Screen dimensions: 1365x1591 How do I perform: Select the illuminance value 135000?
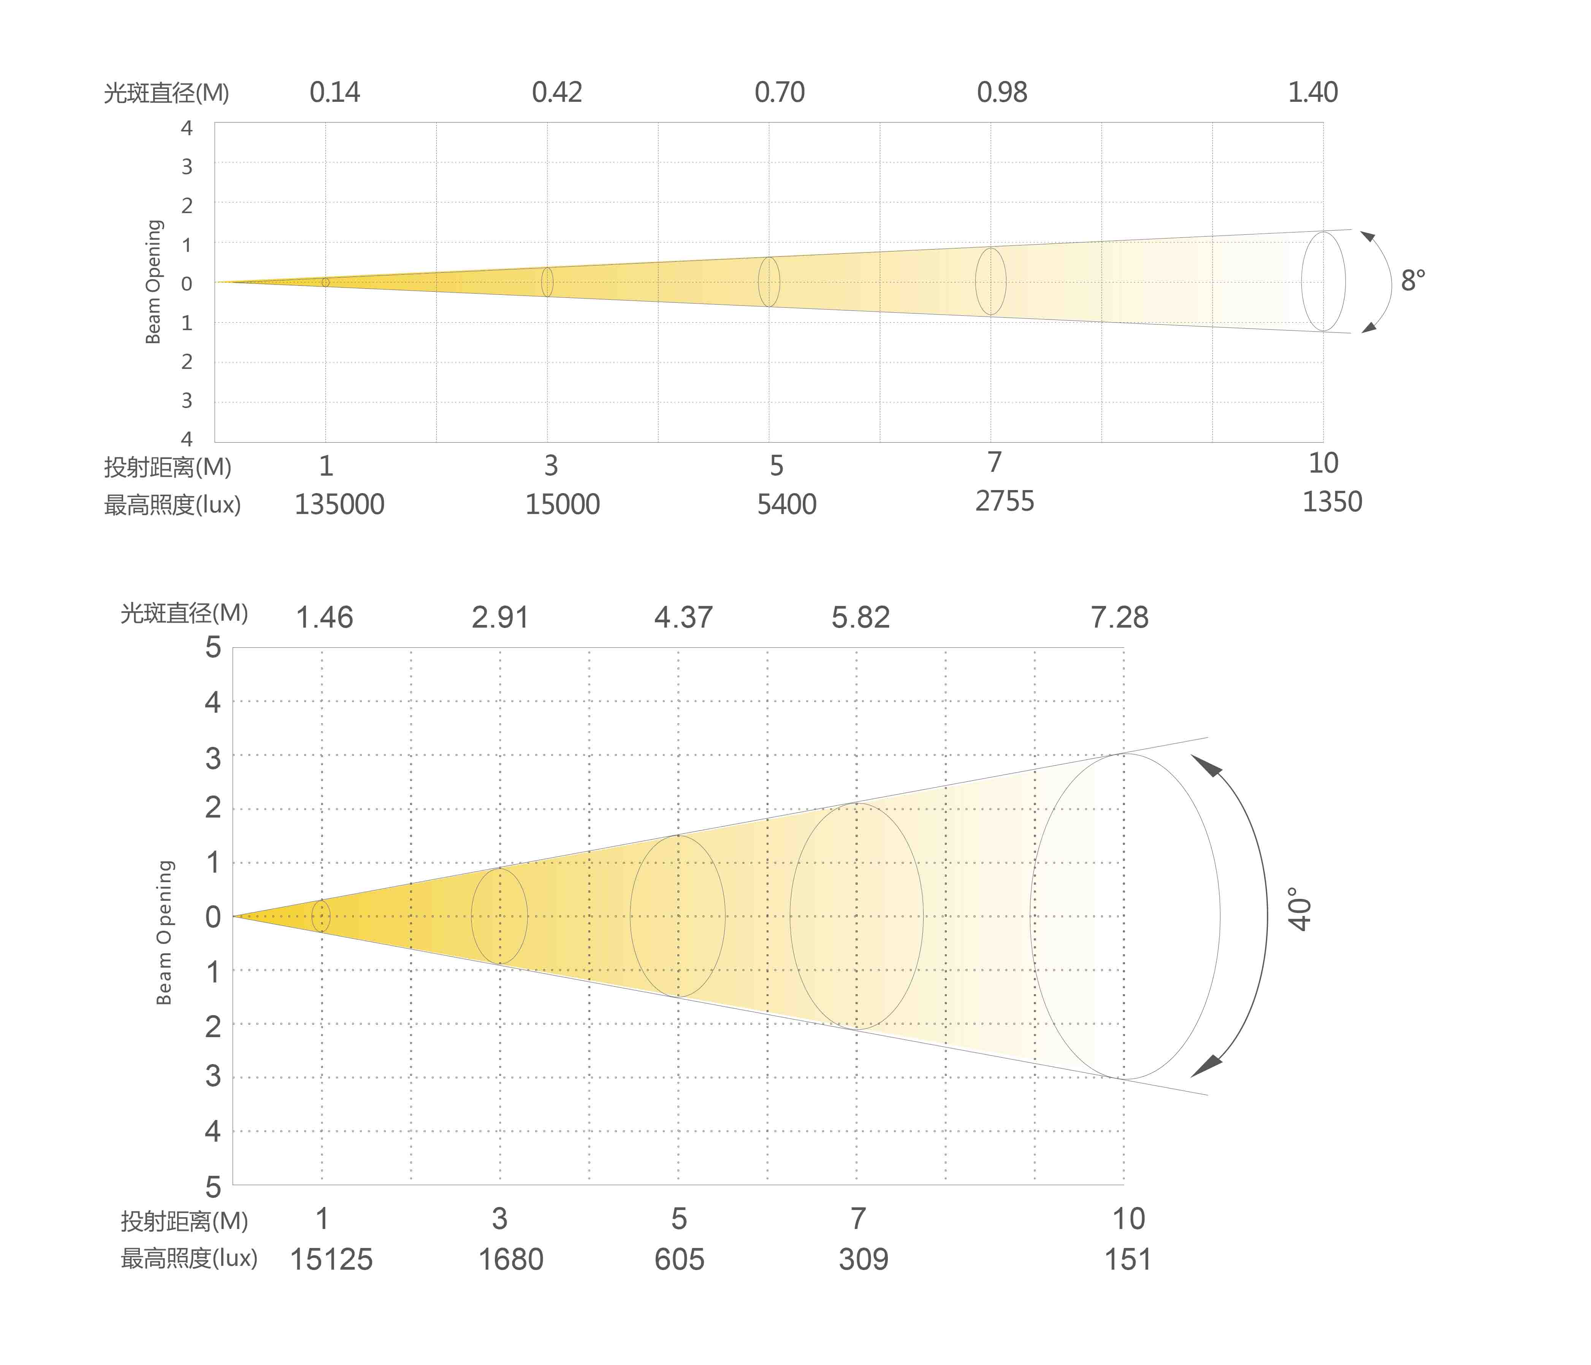[x=339, y=505]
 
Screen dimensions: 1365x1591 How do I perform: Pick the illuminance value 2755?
[x=1005, y=501]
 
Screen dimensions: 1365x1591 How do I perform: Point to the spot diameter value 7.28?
[x=1120, y=617]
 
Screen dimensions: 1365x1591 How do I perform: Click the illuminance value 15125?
[x=331, y=1260]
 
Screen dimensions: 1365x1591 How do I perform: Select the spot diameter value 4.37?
[x=683, y=617]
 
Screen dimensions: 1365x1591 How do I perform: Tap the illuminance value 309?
[x=863, y=1260]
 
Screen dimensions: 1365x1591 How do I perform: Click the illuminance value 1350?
[x=1332, y=501]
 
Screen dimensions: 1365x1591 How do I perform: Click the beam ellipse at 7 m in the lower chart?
[x=857, y=916]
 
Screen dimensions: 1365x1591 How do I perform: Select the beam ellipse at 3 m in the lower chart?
[x=499, y=916]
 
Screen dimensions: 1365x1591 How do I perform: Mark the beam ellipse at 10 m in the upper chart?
[x=1323, y=282]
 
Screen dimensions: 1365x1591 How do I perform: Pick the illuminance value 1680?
[x=510, y=1260]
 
